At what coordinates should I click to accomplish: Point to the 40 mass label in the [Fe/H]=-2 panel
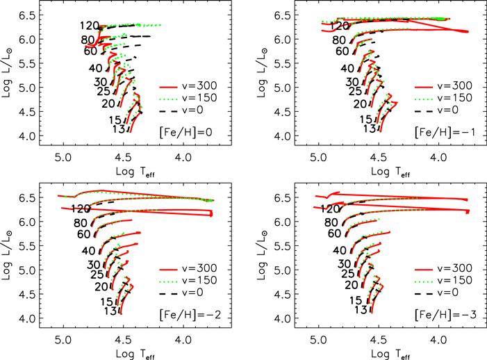pos(88,250)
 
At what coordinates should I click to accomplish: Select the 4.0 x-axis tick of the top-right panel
pos(438,157)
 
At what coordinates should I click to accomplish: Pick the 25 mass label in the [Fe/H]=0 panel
pos(103,90)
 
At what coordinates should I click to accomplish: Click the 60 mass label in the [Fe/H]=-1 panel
pos(341,51)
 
